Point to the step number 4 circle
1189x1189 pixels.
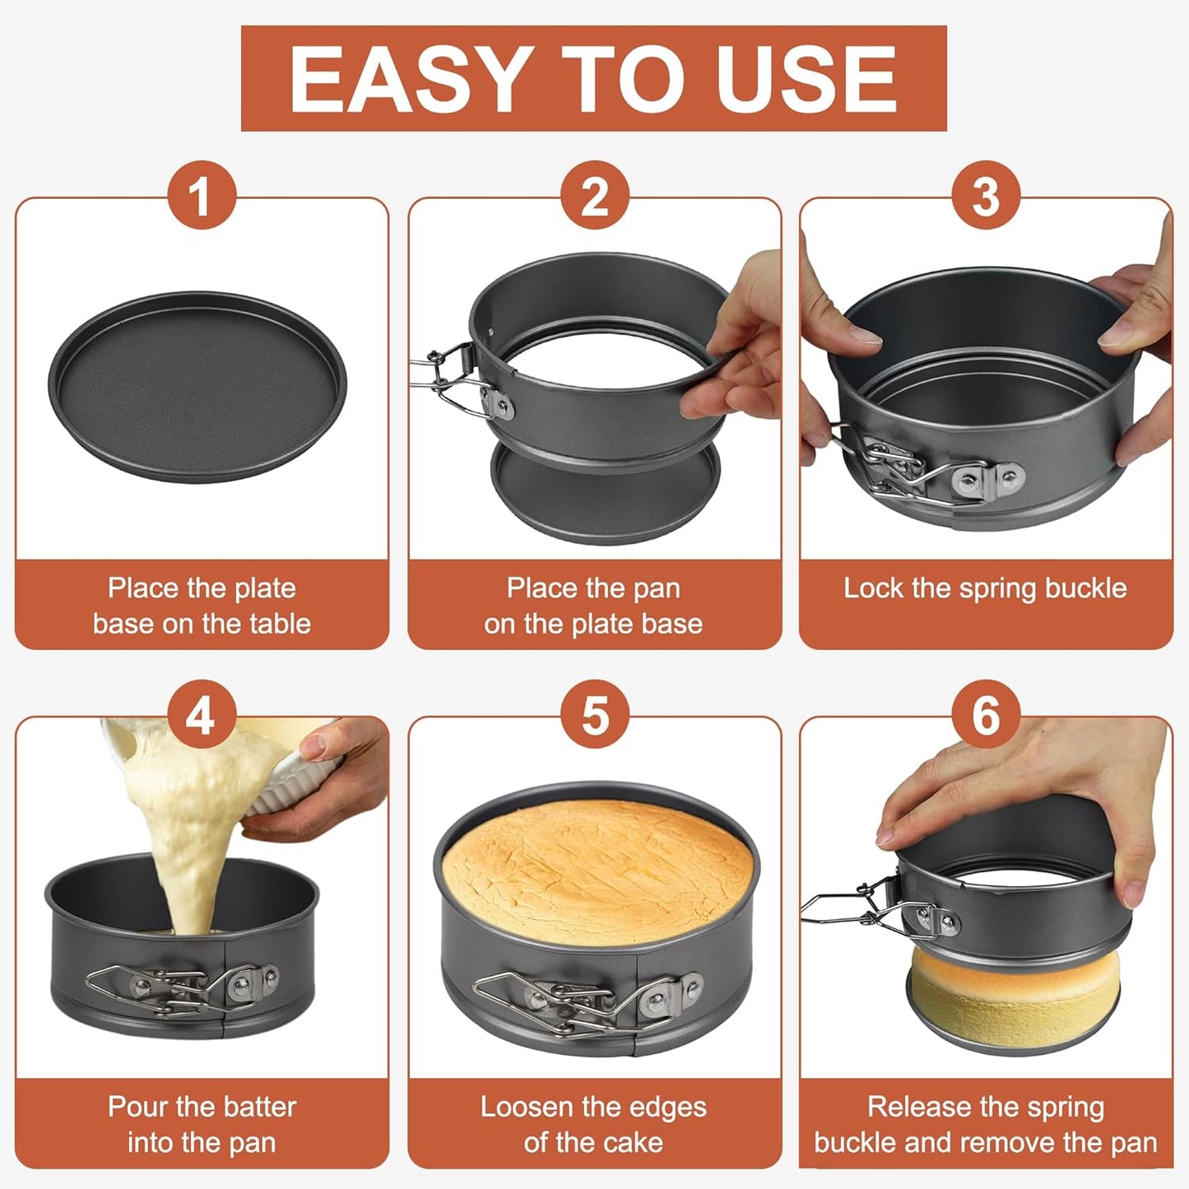click(x=202, y=714)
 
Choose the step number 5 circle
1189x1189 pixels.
click(x=595, y=714)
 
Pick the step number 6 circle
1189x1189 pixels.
click(x=986, y=714)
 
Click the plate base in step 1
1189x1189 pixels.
click(x=197, y=387)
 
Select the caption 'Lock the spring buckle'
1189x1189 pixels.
click(x=985, y=588)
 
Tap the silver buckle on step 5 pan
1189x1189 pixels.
click(x=588, y=1000)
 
